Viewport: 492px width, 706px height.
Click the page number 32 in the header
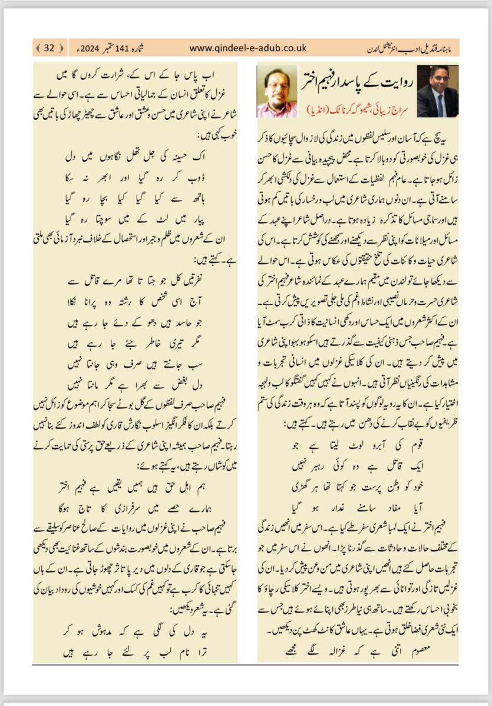[x=49, y=48]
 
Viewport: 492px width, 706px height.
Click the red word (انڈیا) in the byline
[x=318, y=110]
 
